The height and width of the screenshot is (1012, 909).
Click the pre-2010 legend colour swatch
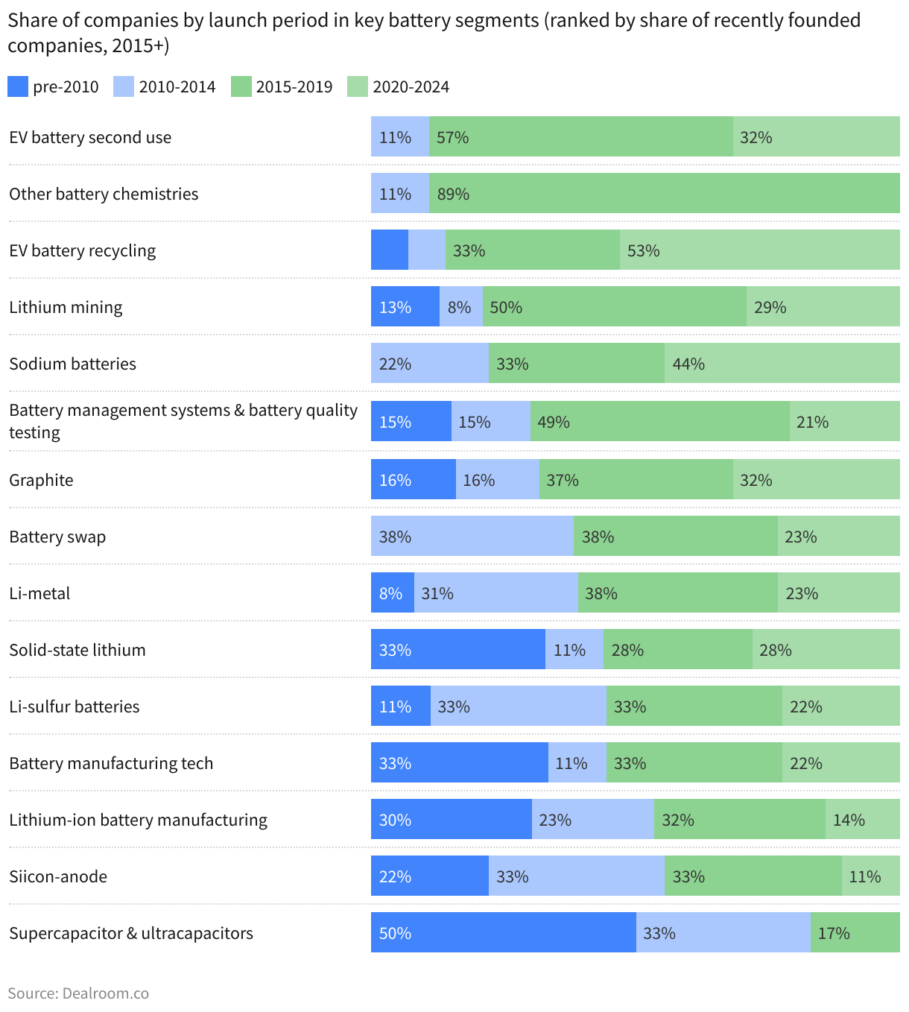(x=18, y=86)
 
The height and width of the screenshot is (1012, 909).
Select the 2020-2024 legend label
(x=411, y=87)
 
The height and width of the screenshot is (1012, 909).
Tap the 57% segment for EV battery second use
(x=580, y=137)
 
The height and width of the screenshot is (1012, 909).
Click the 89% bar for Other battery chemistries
(x=664, y=194)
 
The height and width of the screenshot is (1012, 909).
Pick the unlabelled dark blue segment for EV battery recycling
(x=390, y=250)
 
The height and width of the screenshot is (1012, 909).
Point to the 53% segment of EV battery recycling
(x=759, y=250)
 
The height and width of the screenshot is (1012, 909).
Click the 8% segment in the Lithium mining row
(x=461, y=307)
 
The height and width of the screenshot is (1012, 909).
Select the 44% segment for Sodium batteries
(x=782, y=364)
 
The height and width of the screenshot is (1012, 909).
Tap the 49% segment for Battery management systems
(x=659, y=422)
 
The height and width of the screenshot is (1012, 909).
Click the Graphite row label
(x=42, y=480)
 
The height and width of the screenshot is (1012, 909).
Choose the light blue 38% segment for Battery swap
(x=472, y=537)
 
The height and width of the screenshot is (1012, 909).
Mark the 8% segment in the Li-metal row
(x=393, y=593)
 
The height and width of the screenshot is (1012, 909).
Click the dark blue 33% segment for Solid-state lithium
(x=458, y=650)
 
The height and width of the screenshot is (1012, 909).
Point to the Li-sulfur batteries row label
(x=75, y=706)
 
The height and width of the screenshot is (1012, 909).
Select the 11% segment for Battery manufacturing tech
(x=577, y=763)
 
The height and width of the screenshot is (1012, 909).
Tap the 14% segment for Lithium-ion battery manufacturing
(x=862, y=820)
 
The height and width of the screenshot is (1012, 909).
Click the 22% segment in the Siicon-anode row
(x=430, y=876)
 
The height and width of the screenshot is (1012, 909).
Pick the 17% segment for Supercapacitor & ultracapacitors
(x=855, y=933)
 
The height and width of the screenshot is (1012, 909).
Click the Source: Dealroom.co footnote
(x=78, y=993)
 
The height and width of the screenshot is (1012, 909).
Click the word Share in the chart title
(x=31, y=20)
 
